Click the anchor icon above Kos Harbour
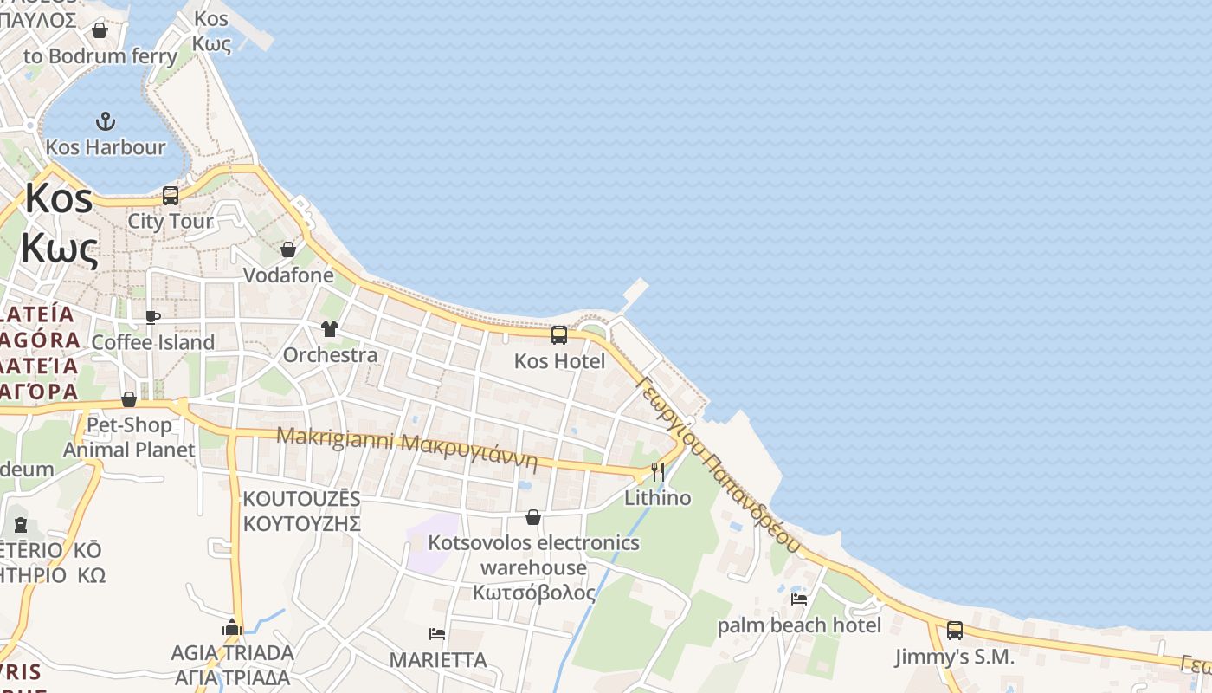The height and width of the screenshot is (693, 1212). pos(105,120)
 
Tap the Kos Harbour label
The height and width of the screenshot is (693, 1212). pos(105,147)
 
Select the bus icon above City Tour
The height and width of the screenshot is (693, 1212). pos(170,196)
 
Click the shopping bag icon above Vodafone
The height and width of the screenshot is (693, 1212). pos(287,249)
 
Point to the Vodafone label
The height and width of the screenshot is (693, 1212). pos(288,275)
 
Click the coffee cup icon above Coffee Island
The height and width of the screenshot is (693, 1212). pos(152,317)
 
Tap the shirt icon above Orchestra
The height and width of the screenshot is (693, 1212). pos(330,329)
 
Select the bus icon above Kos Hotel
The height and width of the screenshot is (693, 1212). pos(559,334)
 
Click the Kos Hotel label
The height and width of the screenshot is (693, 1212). pos(559,360)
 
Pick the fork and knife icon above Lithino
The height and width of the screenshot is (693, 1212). pos(658,472)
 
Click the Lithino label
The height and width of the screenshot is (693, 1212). pos(658,497)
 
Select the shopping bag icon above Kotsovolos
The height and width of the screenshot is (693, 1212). pos(533,517)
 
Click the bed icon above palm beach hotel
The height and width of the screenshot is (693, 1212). pos(798,599)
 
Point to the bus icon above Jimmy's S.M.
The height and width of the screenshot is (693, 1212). pos(954,631)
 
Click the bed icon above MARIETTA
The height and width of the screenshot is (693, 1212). pos(437,634)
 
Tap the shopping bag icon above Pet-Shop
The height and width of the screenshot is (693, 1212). pos(129,399)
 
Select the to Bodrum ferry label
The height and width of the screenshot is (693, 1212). pos(100,56)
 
